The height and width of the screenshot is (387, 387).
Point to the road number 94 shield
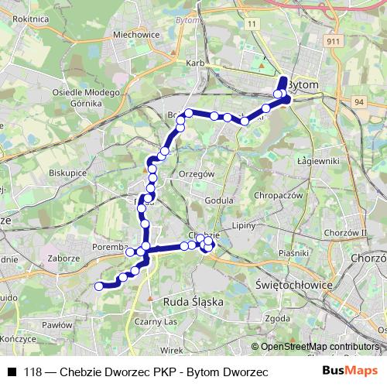point(359,101)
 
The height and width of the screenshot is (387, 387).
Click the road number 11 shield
point(252,25)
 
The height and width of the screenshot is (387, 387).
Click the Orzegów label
point(196,174)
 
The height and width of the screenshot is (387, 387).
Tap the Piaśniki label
point(294,252)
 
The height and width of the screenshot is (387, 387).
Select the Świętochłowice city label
point(293,285)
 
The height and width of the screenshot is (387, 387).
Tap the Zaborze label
point(64,258)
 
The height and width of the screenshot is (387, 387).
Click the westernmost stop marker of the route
point(98,286)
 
